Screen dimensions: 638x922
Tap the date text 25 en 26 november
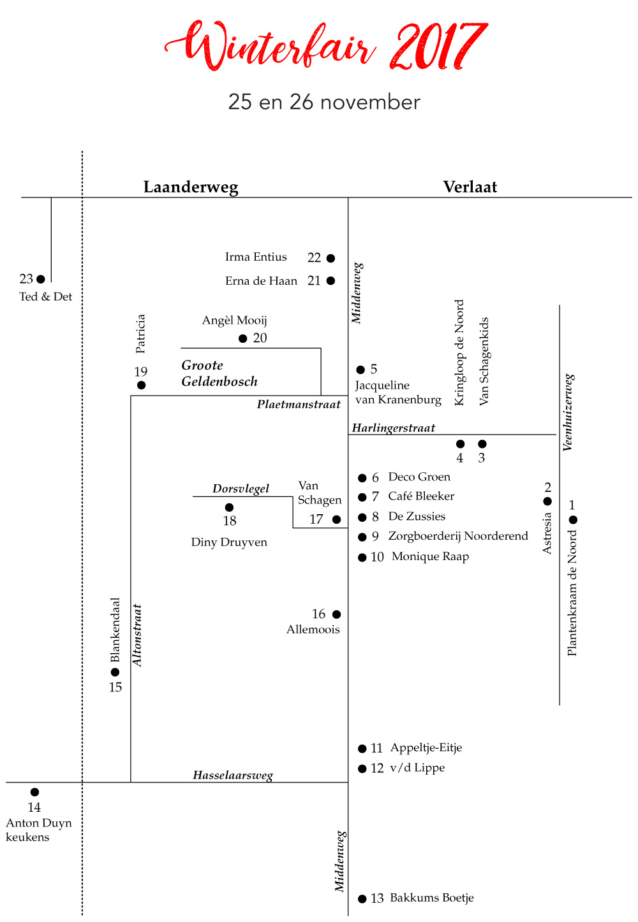pos(324,102)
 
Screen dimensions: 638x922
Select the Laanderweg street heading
pos(191,187)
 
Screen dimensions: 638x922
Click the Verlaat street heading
pos(470,187)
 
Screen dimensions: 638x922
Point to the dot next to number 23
pos(40,279)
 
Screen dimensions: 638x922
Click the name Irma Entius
pos(256,257)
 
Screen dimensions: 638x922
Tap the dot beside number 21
pos(330,281)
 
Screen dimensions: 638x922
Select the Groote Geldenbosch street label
pos(219,373)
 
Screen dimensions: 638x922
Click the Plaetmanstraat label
pos(299,404)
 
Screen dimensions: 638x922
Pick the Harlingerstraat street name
pos(394,428)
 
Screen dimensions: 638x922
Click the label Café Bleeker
pos(421,496)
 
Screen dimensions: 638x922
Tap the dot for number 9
pos(362,537)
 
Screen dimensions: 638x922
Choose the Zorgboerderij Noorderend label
pos(458,536)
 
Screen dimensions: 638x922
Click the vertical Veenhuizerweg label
pos(568,412)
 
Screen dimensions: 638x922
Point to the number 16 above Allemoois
pos(318,614)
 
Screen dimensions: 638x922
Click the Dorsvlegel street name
pos(241,489)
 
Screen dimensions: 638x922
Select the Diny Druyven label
pos(229,542)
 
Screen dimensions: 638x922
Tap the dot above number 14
pos(34,792)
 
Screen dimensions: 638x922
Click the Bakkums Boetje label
pos(432,898)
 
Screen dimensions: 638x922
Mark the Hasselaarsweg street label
pos(233,775)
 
